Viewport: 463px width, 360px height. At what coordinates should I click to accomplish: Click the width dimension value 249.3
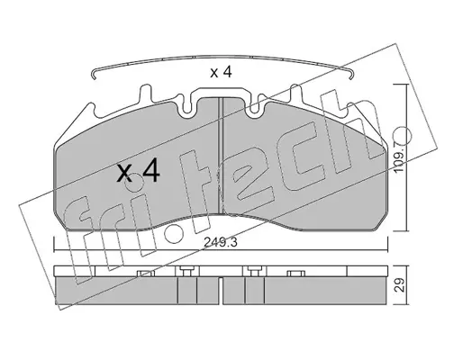tap(221, 242)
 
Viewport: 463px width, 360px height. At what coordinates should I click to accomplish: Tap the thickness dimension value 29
tap(399, 285)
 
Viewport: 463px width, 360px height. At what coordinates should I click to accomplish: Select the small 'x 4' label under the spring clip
tap(221, 72)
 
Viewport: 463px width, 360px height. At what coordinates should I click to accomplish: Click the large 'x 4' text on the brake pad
tap(138, 173)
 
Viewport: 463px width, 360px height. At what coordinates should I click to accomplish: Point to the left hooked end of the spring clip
tap(94, 75)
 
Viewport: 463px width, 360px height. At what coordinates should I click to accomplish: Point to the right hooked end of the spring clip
tap(351, 75)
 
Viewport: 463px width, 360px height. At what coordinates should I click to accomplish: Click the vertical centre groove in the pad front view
tap(221, 156)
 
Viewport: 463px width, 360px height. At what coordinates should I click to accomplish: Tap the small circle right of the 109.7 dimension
tap(402, 135)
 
